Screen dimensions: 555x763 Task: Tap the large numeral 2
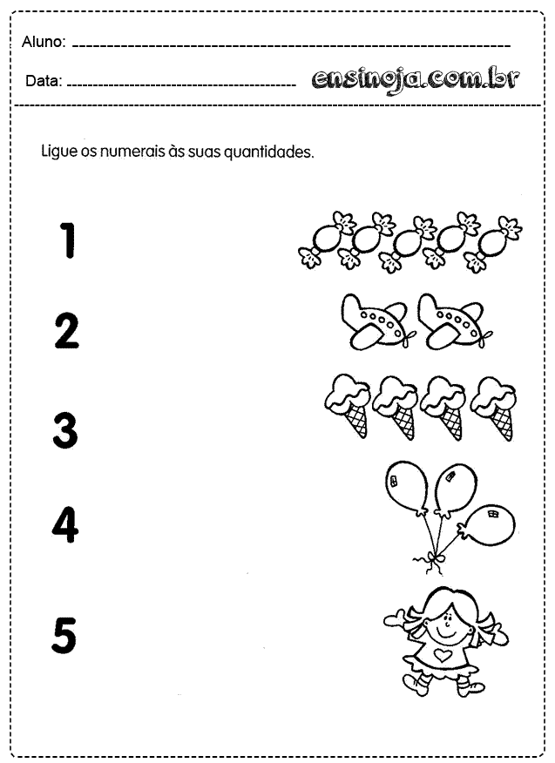66,331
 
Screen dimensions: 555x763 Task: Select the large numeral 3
65,430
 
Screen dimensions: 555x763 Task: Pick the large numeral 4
65,524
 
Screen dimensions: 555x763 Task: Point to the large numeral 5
64,635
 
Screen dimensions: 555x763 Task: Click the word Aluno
44,42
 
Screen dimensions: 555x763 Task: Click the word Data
44,81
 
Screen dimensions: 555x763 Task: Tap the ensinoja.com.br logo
416,79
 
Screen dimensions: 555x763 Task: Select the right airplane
455,321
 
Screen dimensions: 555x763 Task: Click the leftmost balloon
407,488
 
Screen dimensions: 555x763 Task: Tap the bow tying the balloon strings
430,559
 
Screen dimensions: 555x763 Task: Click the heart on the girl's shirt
442,655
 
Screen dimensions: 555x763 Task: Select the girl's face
445,625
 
